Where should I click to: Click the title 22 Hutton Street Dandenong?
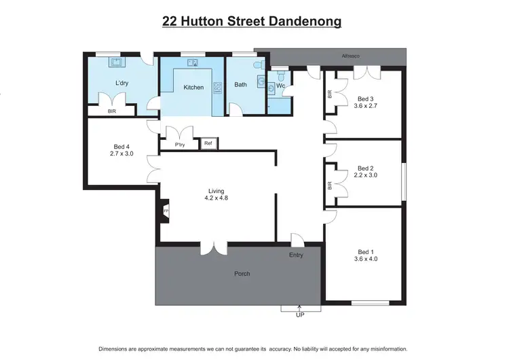tap(252, 22)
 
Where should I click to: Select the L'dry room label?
tap(122, 84)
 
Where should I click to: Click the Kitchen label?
tap(193, 87)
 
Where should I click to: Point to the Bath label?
tap(241, 85)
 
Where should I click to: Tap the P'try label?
tap(180, 145)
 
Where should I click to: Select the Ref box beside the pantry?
tap(208, 143)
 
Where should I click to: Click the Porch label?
tap(242, 274)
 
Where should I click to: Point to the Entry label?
tap(296, 255)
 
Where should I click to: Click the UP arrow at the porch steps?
tap(299, 310)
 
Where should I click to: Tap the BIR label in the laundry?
tap(111, 111)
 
